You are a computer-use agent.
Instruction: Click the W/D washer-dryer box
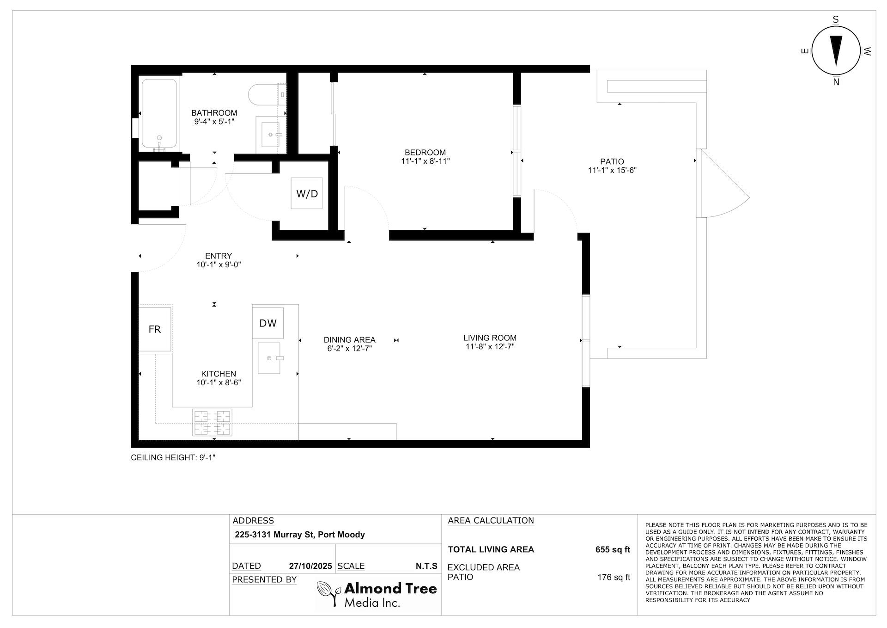307,193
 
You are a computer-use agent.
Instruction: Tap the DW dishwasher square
268,323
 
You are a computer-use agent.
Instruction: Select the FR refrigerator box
155,329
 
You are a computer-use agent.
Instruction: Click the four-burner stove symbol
212,422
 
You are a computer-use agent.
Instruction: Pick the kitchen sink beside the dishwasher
269,358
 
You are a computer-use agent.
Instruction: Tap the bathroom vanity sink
270,135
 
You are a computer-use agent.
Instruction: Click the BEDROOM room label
425,153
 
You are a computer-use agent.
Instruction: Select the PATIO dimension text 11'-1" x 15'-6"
612,170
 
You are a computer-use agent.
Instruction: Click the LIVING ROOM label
490,338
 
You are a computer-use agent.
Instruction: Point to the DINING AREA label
350,340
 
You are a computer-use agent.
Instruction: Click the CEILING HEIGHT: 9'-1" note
173,458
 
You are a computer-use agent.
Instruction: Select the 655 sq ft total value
613,549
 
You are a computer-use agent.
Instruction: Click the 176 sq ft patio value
614,577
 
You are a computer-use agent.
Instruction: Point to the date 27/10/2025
310,566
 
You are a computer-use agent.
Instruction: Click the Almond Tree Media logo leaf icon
329,593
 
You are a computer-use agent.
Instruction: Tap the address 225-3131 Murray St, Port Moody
300,535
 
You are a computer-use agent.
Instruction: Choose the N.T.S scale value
426,566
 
